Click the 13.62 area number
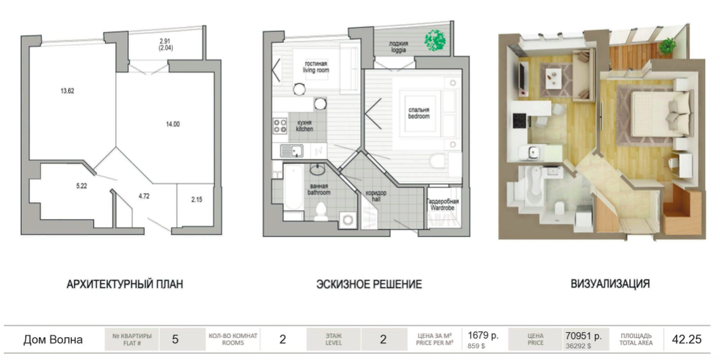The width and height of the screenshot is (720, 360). click(x=67, y=90)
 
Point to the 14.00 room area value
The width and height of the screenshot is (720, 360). click(x=173, y=124)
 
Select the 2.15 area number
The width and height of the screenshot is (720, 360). click(x=196, y=200)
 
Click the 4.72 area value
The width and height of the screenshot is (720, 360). click(x=145, y=195)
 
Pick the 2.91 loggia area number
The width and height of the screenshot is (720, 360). click(x=166, y=41)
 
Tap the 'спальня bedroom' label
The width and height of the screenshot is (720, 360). click(x=419, y=113)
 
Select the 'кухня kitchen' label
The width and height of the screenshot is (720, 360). click(x=304, y=126)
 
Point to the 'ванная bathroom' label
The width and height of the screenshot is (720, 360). click(x=319, y=190)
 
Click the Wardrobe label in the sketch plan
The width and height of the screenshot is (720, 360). click(x=442, y=207)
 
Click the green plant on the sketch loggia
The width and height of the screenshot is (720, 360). click(x=435, y=40)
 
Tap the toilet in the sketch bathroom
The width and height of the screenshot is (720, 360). click(x=321, y=211)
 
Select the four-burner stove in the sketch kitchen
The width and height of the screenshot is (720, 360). click(x=279, y=126)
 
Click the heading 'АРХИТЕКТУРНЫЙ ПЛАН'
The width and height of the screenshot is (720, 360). click(x=125, y=284)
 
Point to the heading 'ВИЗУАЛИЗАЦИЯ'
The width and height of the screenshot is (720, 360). click(x=610, y=283)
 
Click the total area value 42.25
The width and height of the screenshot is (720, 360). click(x=687, y=339)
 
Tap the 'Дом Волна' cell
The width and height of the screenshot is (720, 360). click(x=53, y=340)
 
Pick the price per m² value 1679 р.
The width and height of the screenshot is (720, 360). click(x=483, y=336)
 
